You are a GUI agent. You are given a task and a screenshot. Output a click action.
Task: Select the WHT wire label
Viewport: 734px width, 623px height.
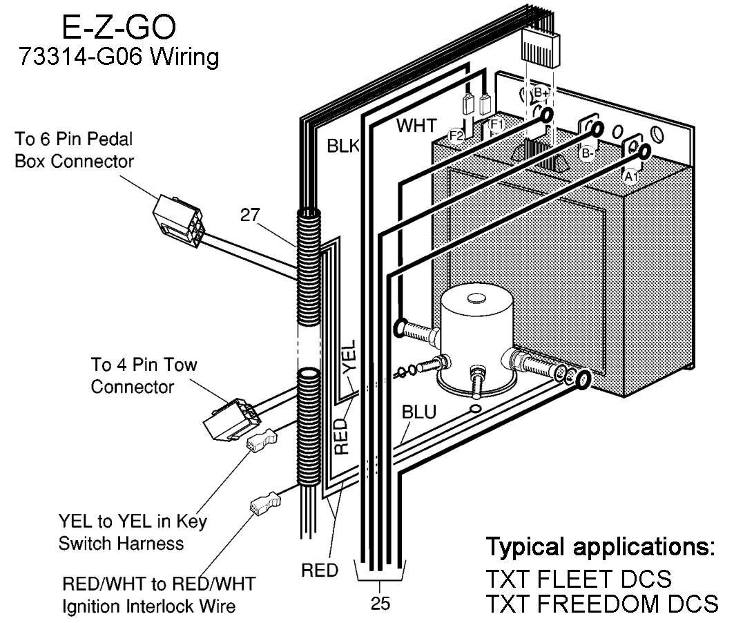[x=416, y=126]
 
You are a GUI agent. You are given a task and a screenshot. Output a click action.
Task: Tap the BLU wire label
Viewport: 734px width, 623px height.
[x=418, y=413]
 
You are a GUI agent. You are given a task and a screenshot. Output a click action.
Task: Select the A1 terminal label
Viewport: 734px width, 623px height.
[x=630, y=176]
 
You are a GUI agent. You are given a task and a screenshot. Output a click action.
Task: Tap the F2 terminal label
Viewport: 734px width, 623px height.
[x=456, y=135]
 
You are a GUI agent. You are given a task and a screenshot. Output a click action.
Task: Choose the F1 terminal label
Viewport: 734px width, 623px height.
[x=496, y=125]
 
